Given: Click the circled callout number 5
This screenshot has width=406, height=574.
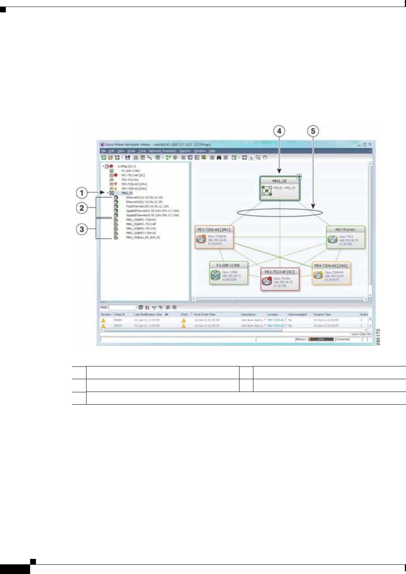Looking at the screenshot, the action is [313, 131].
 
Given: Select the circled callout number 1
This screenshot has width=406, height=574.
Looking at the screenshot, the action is [82, 192].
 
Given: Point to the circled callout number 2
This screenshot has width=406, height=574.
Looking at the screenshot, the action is [82, 208].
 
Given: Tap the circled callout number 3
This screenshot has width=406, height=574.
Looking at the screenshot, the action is [82, 229].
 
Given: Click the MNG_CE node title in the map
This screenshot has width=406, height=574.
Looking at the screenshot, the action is [279, 181].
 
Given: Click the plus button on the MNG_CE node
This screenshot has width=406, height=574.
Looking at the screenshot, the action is [299, 177].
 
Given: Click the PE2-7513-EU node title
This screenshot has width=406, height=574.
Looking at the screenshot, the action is [345, 230].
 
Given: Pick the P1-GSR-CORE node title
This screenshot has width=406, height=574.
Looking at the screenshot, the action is [228, 266].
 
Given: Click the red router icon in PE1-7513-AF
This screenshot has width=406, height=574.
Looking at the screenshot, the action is [267, 281].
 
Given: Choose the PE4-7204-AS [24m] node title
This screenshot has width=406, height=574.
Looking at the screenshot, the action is [331, 266].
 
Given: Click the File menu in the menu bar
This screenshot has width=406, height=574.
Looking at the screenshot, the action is [103, 151].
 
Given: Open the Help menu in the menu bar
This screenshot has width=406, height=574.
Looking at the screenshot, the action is [212, 151].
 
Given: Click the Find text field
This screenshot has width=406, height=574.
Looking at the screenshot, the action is [122, 308].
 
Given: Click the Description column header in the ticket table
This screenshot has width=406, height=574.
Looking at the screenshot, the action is [248, 315].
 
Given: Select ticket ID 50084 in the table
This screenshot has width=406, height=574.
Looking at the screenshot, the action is [118, 320].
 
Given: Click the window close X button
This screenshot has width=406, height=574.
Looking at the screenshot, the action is [370, 144].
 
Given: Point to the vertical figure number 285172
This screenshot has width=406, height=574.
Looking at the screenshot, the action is [378, 337].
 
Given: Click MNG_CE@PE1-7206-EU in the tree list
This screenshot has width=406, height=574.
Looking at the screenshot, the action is [141, 220].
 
